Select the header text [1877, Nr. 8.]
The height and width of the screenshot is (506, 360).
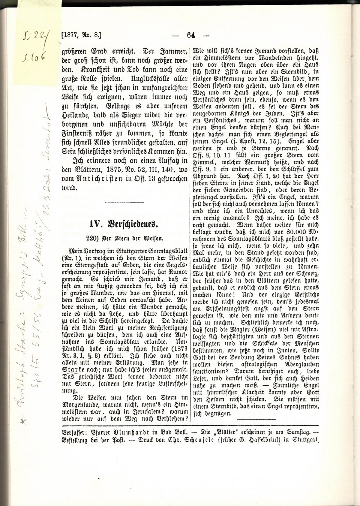[x=81, y=36]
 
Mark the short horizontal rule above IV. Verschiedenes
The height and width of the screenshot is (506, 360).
[x=124, y=203]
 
